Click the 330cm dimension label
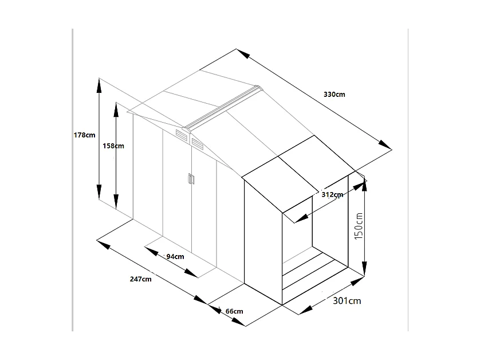[335, 95]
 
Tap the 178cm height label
[85, 135]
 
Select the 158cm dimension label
[113, 146]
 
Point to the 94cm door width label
[175, 256]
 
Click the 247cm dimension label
[140, 279]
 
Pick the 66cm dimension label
[234, 311]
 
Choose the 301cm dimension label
[347, 300]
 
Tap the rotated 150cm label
[359, 226]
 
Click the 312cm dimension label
[332, 194]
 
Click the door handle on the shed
[191, 179]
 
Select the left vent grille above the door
[182, 135]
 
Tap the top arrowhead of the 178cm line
[99, 85]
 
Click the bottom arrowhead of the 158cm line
[116, 202]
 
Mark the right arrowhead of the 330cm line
[385, 145]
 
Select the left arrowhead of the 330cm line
[243, 53]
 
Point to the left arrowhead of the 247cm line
[104, 244]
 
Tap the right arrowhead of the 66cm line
[239, 322]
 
